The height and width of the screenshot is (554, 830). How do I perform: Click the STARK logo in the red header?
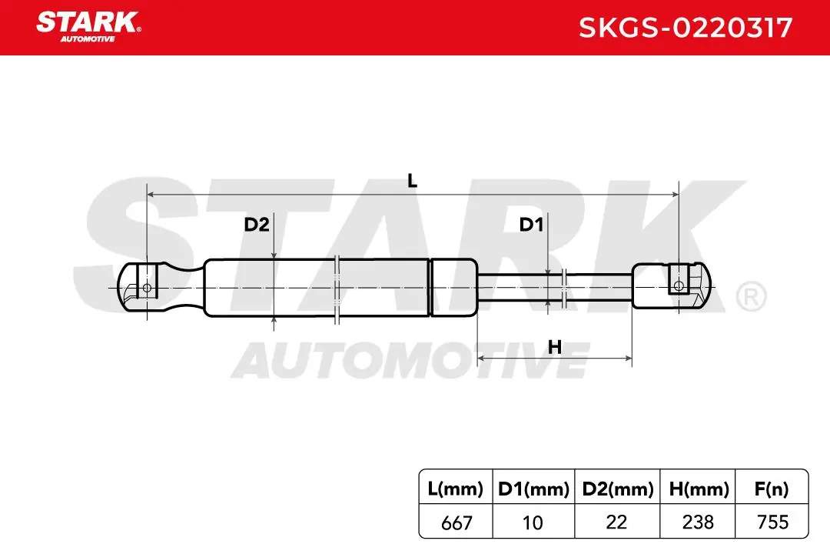tap(88, 26)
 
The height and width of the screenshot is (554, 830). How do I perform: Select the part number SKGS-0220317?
tap(686, 28)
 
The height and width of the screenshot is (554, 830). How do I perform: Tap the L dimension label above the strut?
tap(413, 182)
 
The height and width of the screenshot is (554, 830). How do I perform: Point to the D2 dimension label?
tap(257, 225)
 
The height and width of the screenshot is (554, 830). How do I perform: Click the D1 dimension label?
tap(532, 225)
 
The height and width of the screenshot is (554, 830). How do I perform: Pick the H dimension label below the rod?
tap(555, 347)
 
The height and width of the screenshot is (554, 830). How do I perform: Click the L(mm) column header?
tap(455, 489)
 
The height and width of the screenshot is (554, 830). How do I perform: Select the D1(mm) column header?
tap(533, 489)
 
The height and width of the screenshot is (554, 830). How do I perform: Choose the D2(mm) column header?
tap(618, 489)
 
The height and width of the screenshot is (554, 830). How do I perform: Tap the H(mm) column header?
tap(699, 489)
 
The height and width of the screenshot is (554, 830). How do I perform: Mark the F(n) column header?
tap(772, 489)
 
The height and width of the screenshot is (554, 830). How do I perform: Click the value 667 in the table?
tap(456, 522)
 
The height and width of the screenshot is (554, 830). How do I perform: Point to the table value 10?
tap(533, 522)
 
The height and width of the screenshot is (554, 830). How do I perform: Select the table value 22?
tap(616, 522)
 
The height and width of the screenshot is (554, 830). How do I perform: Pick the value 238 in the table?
tap(698, 522)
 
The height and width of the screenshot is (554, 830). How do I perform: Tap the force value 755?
tap(773, 522)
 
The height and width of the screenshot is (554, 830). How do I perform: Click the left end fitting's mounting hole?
tap(147, 288)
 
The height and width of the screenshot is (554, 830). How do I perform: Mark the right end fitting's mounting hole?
tap(679, 287)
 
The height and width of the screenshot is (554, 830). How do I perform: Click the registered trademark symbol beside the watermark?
tap(751, 297)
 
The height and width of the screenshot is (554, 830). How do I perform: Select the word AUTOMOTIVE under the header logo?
tap(88, 39)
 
